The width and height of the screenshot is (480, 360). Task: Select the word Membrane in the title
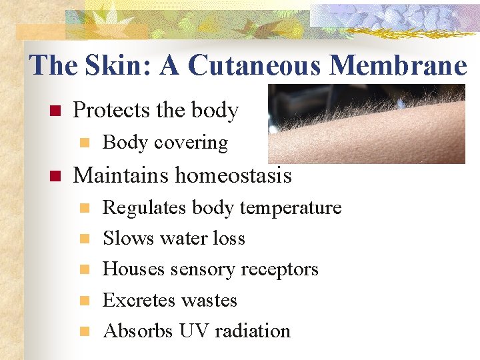coord(398,65)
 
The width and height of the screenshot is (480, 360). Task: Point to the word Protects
coord(110,110)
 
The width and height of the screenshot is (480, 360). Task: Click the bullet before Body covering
coord(83,143)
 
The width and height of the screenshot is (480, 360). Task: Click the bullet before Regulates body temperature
coord(83,208)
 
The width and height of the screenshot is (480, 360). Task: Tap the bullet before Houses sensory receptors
coord(83,269)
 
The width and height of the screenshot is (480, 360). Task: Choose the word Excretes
coord(137,300)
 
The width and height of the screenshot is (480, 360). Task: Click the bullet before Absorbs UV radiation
coord(83,331)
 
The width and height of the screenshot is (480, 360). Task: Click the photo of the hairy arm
coord(366,123)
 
